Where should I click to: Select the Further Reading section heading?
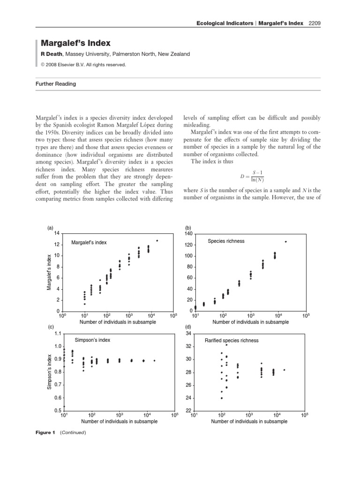(56, 84)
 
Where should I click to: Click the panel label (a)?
(50, 228)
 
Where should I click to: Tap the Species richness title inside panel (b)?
(226, 241)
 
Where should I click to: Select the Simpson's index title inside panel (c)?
(92, 340)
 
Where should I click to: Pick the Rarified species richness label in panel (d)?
(232, 340)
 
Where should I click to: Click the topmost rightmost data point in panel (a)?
(157, 240)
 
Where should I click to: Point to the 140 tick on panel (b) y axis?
(189, 233)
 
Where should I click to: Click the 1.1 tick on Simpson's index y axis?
(58, 334)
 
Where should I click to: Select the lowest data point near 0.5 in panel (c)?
(64, 406)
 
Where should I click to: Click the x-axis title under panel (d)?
(249, 421)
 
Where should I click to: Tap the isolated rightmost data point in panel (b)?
(285, 242)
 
